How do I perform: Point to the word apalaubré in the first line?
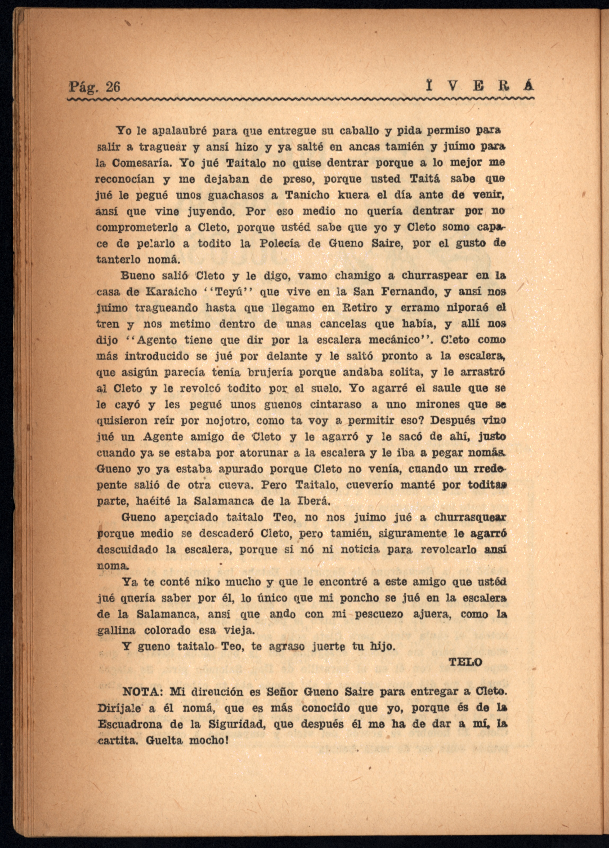(178, 131)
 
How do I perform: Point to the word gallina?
(116, 630)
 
